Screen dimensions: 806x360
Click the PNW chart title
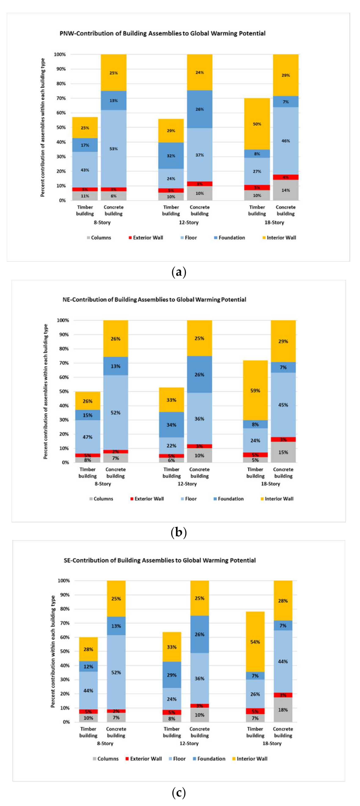point(162,33)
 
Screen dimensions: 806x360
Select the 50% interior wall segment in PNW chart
point(257,124)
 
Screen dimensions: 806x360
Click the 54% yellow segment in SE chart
point(255,642)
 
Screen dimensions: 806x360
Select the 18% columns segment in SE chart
point(283,710)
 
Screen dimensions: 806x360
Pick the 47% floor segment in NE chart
point(88,437)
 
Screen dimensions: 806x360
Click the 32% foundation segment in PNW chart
point(171,156)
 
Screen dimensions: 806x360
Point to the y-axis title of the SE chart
point(53,651)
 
